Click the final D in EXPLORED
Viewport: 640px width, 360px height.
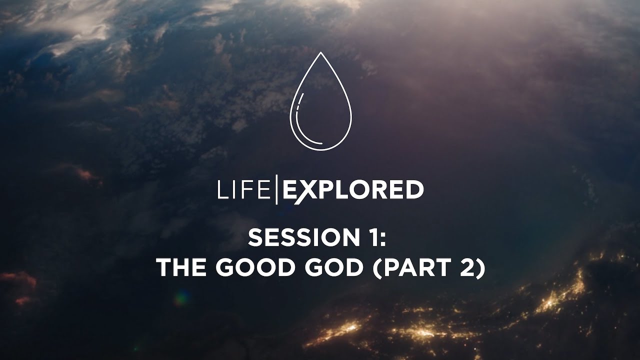pos(413,190)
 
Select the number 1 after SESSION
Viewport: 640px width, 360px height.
pos(371,238)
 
